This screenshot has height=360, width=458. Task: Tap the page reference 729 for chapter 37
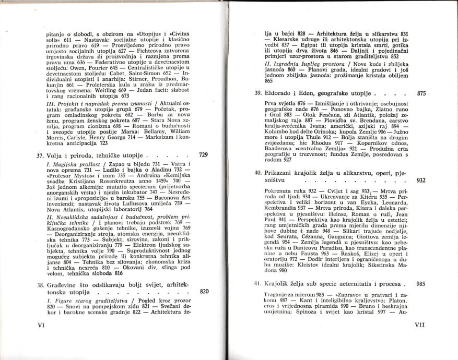(204, 155)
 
